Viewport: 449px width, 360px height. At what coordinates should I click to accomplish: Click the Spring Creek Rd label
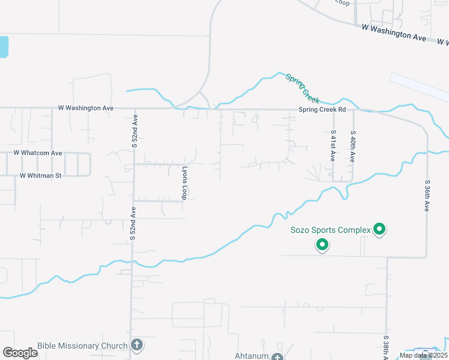pyautogui.click(x=322, y=110)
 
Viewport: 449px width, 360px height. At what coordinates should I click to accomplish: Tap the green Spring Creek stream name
pyautogui.click(x=303, y=88)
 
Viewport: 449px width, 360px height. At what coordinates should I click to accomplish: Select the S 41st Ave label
pyautogui.click(x=333, y=146)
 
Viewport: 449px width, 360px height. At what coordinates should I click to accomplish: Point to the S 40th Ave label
pyautogui.click(x=352, y=146)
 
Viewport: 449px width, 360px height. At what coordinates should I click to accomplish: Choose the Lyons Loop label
pyautogui.click(x=185, y=183)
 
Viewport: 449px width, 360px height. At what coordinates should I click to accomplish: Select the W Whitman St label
pyautogui.click(x=41, y=176)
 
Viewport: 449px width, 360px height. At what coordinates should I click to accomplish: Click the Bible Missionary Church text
pyautogui.click(x=82, y=346)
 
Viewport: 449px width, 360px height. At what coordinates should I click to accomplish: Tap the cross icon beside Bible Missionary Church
pyautogui.click(x=137, y=345)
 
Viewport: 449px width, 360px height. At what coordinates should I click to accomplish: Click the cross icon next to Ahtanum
pyautogui.click(x=277, y=357)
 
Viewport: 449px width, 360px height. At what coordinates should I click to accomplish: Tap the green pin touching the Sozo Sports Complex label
pyautogui.click(x=379, y=229)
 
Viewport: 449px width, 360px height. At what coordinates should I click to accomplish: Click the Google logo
pyautogui.click(x=20, y=352)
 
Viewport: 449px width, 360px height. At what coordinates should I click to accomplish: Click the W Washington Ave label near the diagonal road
pyautogui.click(x=394, y=33)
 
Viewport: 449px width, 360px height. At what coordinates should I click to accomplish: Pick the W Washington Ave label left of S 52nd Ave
pyautogui.click(x=86, y=108)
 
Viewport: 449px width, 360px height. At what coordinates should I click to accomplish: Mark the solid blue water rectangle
pyautogui.click(x=4, y=47)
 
